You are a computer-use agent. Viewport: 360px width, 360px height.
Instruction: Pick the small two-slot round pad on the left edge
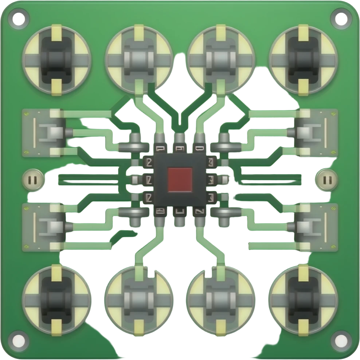[x=33, y=180]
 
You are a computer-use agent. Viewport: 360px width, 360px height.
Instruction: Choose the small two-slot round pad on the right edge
[x=327, y=180]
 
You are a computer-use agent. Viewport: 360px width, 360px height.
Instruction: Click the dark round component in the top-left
[x=56, y=59]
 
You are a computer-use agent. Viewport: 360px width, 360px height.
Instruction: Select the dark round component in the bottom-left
[x=56, y=300]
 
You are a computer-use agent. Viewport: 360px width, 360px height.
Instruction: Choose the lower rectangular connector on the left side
[x=44, y=227]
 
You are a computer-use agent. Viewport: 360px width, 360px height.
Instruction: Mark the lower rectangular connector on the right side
[x=316, y=227]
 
